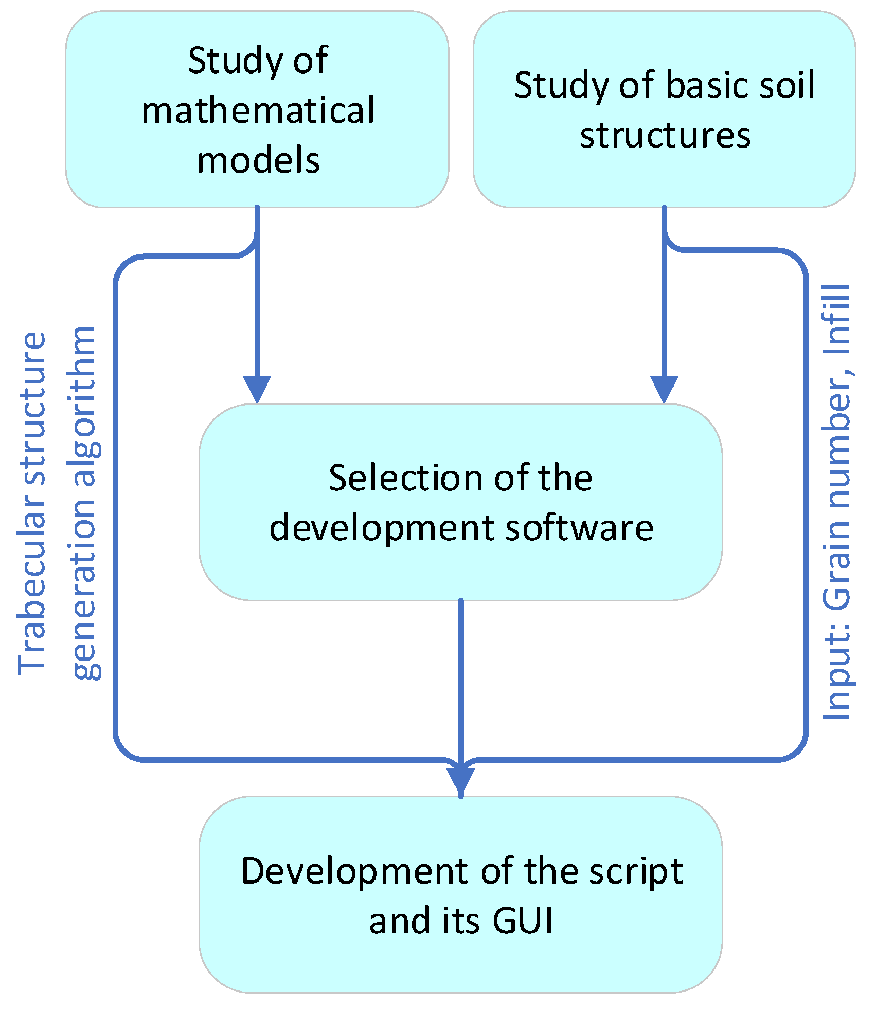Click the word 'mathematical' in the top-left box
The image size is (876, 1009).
tap(258, 111)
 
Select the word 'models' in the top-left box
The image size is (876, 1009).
tap(258, 160)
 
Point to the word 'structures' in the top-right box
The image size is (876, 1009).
tap(665, 136)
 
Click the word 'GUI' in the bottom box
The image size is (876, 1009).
tap(523, 921)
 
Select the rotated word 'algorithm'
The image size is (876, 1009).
tap(85, 406)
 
